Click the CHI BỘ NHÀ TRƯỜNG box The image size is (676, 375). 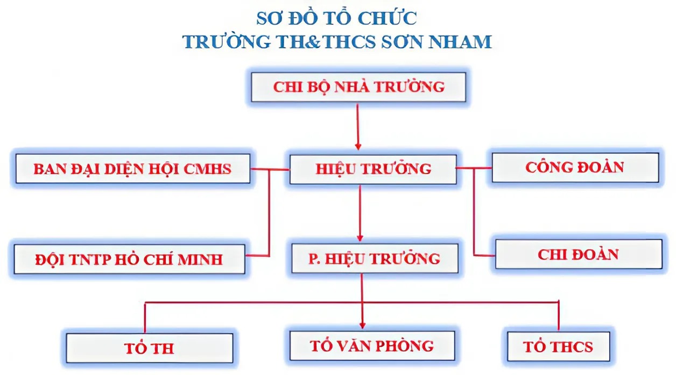(x=358, y=87)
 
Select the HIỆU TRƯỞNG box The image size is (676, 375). (x=373, y=169)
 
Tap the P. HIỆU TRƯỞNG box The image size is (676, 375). (x=375, y=258)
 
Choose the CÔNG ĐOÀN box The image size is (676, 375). (x=575, y=168)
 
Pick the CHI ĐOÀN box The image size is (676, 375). (x=579, y=254)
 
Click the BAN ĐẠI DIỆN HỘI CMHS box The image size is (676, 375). (x=133, y=169)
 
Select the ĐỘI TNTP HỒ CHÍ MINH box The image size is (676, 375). (x=130, y=259)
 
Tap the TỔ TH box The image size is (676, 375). (x=150, y=348)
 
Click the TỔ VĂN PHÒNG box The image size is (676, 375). (x=372, y=346)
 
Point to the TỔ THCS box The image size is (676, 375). (x=558, y=347)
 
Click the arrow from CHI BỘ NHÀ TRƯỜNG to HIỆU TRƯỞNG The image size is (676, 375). (x=358, y=127)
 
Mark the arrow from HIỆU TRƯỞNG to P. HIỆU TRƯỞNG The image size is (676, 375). (x=360, y=213)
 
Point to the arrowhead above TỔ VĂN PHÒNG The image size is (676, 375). (x=362, y=325)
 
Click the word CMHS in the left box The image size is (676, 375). (x=207, y=169)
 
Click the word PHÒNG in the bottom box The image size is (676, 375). (x=404, y=346)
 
